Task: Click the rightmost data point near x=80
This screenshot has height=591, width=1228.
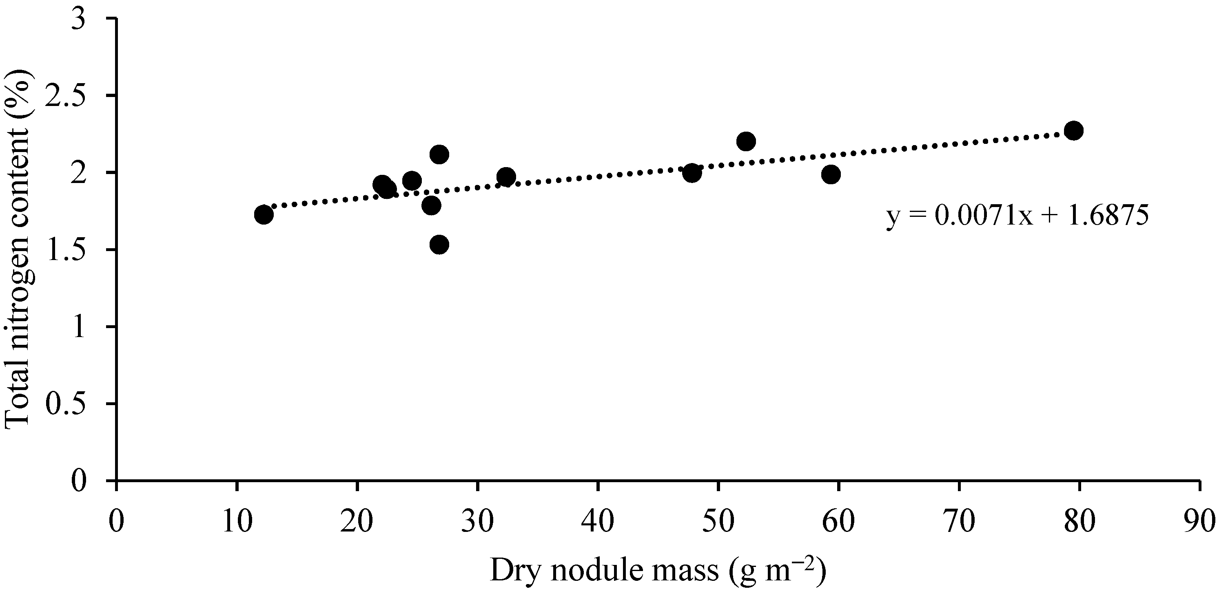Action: (x=1073, y=130)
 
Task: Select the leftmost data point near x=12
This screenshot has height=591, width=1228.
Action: (x=264, y=214)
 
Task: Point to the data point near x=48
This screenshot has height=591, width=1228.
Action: (x=692, y=173)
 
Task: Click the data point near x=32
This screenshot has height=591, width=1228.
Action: (x=506, y=176)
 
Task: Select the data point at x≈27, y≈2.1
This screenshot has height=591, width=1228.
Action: (x=439, y=154)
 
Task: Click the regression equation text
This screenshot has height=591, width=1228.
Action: (x=1017, y=216)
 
